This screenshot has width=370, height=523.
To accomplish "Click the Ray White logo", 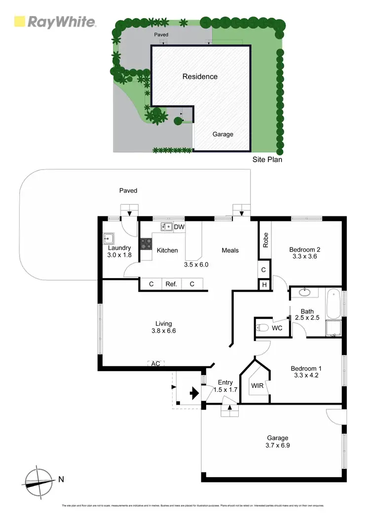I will [x=55, y=22].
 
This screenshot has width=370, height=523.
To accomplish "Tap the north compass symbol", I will [x=39, y=479].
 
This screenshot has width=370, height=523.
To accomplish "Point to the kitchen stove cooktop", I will [x=147, y=243].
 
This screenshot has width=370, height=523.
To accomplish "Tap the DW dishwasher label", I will [x=179, y=227].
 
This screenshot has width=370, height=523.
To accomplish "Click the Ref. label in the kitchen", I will [x=171, y=284].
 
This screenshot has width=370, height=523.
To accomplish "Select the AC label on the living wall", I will [x=155, y=363].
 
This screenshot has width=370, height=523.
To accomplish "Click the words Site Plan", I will [x=267, y=159].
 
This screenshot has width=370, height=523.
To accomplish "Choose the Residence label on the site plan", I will [x=200, y=76].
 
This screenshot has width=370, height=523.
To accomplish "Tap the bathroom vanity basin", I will [x=305, y=292].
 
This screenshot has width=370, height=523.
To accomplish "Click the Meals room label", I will [x=230, y=250].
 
